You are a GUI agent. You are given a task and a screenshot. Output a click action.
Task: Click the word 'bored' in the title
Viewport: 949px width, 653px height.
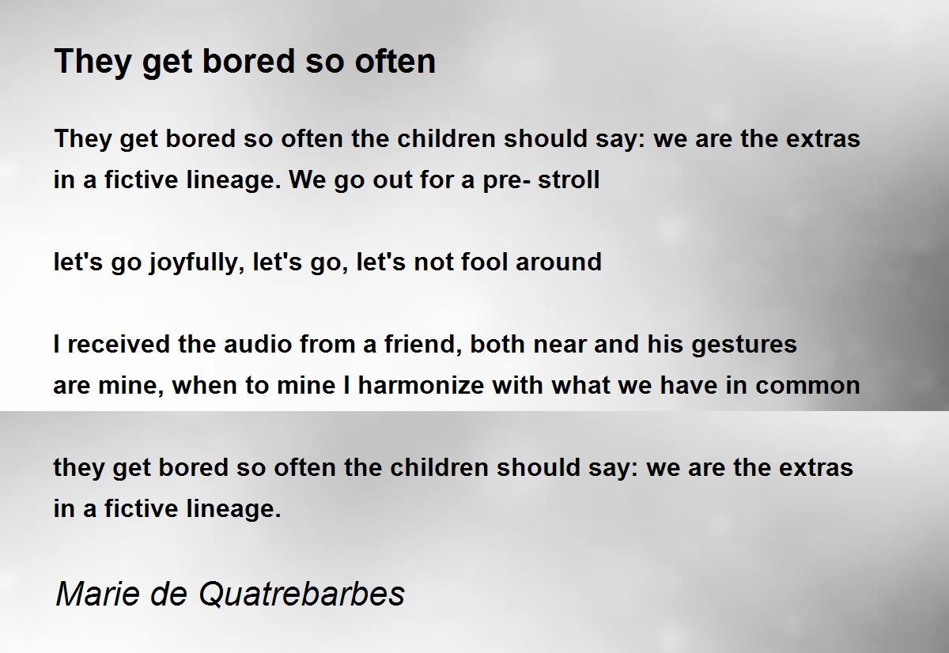248,61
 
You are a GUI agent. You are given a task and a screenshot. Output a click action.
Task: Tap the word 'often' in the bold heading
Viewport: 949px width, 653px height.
395,61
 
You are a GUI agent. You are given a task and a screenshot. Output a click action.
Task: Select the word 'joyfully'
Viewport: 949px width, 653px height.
197,262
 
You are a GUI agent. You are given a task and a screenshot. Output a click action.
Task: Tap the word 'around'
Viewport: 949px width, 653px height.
558,262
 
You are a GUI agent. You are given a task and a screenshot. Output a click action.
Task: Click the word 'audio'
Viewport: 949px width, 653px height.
258,344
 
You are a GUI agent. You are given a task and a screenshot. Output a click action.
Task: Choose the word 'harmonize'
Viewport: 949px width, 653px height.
421,385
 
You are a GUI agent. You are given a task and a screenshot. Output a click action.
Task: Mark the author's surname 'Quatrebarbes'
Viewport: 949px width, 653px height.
301,594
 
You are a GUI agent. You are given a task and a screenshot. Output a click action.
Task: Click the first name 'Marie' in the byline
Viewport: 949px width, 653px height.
98,594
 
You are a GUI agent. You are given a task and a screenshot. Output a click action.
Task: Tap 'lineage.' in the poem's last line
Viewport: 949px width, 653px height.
234,509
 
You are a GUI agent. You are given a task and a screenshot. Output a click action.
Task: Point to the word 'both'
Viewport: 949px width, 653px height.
497,344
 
